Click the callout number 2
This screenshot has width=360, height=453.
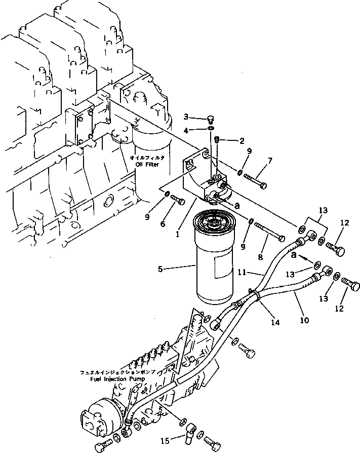tap(242, 140)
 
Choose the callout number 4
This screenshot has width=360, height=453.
tap(186, 130)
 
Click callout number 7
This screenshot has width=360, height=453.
tap(270, 161)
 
